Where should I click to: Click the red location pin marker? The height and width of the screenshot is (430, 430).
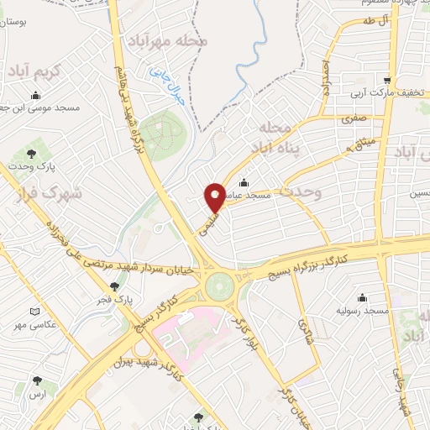click(214, 197)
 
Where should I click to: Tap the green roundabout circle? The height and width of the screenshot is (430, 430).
click(220, 286)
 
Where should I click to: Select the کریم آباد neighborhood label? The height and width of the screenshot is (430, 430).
click(34, 73)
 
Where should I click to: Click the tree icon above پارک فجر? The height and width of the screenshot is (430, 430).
click(115, 286)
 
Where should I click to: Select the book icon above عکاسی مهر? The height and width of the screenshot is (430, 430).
click(34, 312)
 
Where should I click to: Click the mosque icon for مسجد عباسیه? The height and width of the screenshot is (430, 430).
click(244, 182)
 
